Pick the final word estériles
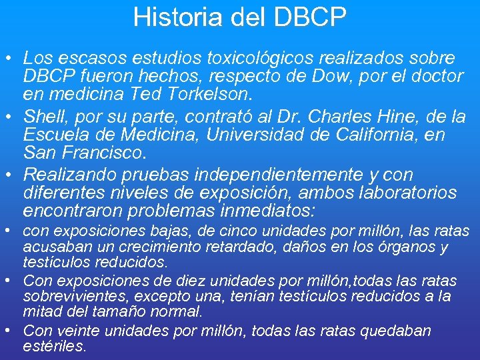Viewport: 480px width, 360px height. click(x=55, y=346)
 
